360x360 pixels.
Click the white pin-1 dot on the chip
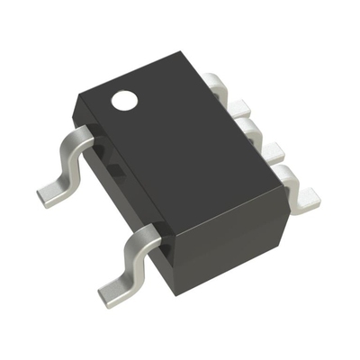pyautogui.click(x=121, y=102)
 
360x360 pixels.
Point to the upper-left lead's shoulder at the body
pyautogui.click(x=85, y=138)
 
